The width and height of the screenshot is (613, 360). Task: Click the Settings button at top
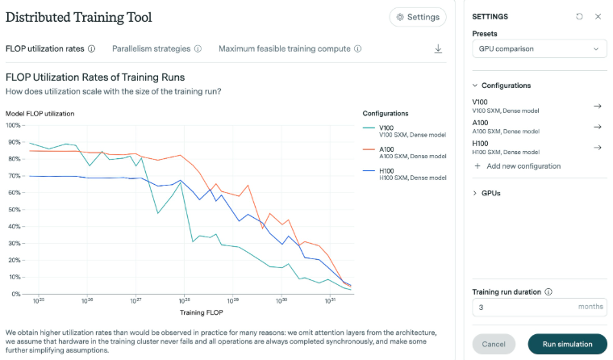[417, 17]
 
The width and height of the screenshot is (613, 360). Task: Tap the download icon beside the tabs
[438, 48]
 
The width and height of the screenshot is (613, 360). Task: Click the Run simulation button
[567, 344]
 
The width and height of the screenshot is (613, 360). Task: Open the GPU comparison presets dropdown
[539, 49]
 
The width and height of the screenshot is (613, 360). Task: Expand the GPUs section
[491, 194]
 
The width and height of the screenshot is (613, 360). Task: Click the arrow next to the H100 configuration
[598, 148]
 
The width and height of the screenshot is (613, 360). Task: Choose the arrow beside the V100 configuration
[598, 106]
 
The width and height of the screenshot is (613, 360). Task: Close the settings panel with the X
[598, 16]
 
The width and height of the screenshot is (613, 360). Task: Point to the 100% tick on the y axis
[15, 125]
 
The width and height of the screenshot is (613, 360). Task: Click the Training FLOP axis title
[201, 312]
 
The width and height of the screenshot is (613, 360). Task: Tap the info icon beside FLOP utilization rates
[91, 48]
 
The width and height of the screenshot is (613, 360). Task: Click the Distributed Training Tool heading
[78, 17]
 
